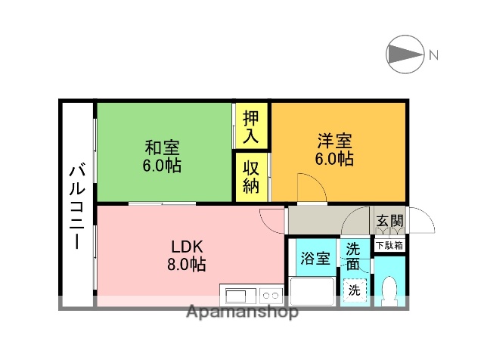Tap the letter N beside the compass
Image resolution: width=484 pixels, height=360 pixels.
[433, 54]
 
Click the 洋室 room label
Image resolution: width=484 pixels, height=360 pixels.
[334, 141]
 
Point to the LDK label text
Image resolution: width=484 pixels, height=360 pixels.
[185, 247]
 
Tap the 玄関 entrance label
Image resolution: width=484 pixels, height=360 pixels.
[390, 222]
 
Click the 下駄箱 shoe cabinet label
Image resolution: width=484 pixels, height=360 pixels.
[390, 244]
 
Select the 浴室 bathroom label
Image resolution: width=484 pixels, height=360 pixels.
[314, 257]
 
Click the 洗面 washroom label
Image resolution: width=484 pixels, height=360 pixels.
[354, 255]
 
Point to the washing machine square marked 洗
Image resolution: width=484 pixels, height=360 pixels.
[354, 288]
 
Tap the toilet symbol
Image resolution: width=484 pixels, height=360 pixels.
[389, 290]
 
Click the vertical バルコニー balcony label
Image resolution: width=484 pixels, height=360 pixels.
[77, 205]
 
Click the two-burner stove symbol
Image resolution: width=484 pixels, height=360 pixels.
[272, 293]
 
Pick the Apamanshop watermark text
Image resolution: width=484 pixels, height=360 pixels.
[241, 312]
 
